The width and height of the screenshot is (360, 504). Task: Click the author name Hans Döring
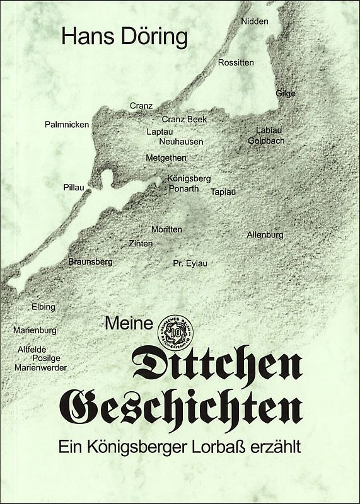(x=125, y=38)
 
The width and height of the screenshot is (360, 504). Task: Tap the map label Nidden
(x=255, y=21)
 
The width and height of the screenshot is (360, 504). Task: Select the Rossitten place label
(x=236, y=62)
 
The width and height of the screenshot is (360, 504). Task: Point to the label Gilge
(x=286, y=94)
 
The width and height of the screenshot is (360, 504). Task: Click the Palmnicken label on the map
(x=67, y=125)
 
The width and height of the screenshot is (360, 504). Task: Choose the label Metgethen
(x=166, y=157)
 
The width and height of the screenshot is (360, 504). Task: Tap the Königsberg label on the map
(x=189, y=178)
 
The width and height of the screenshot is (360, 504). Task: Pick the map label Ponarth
(x=183, y=188)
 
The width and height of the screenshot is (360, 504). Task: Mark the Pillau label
(x=74, y=188)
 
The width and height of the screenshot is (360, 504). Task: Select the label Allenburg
(x=265, y=235)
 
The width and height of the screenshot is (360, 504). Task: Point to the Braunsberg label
(x=90, y=261)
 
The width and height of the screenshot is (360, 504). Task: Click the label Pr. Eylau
(x=190, y=263)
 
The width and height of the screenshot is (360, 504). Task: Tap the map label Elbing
(x=44, y=307)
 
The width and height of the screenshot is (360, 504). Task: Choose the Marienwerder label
(x=40, y=367)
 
